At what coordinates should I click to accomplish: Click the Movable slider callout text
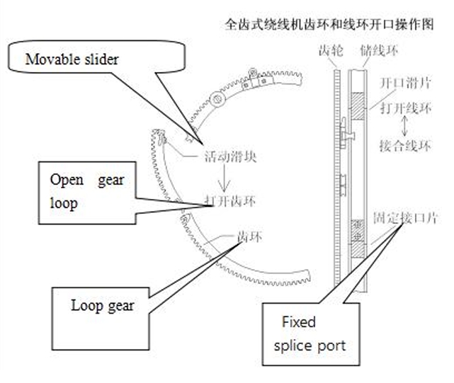72,58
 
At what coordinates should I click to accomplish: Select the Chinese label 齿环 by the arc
251,238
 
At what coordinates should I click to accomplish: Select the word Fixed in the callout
299,322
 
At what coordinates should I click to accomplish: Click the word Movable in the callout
47,58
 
